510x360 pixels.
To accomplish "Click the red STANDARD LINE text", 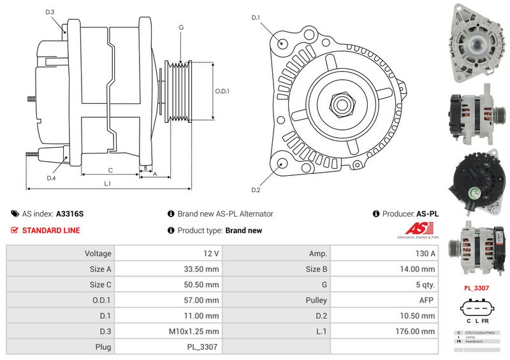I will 50,231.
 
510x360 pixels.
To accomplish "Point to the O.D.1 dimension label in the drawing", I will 222,91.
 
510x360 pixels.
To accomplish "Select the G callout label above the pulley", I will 181,27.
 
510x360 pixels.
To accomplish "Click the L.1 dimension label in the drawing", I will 108,184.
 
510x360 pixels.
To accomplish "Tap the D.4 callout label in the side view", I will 51,178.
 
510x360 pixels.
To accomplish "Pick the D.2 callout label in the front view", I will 256,190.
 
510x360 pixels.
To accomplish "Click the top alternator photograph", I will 476,43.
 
